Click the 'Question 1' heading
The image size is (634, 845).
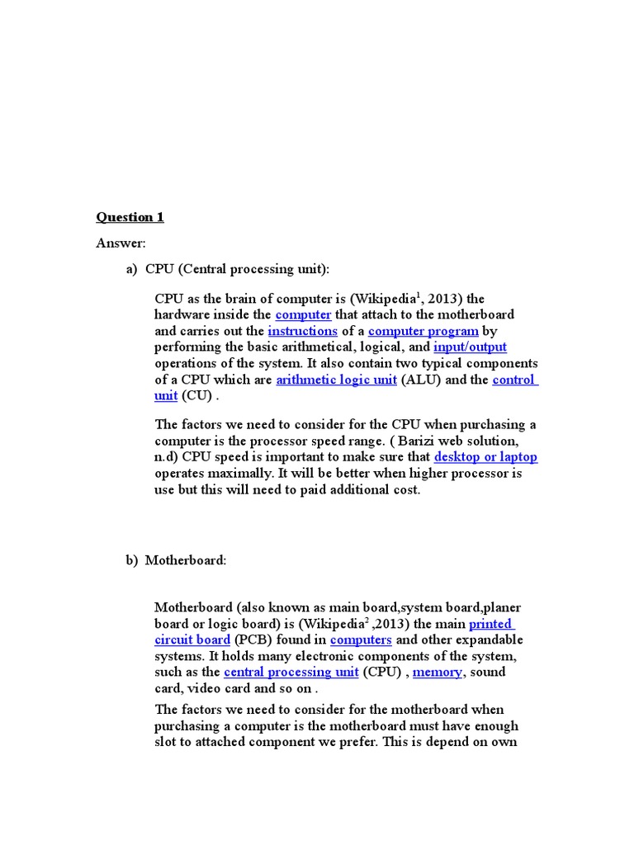(130, 217)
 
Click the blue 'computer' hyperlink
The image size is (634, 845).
(303, 315)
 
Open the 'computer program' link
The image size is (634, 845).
(423, 332)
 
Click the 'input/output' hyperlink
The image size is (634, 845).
(470, 347)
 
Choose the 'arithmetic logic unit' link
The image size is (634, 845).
(336, 380)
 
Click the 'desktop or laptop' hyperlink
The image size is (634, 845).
(485, 457)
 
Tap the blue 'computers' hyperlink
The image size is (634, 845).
(361, 640)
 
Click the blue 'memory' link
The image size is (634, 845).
(438, 673)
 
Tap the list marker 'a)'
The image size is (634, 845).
(132, 269)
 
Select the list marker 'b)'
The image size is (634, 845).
(132, 561)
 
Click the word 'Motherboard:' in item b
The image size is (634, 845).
(186, 561)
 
